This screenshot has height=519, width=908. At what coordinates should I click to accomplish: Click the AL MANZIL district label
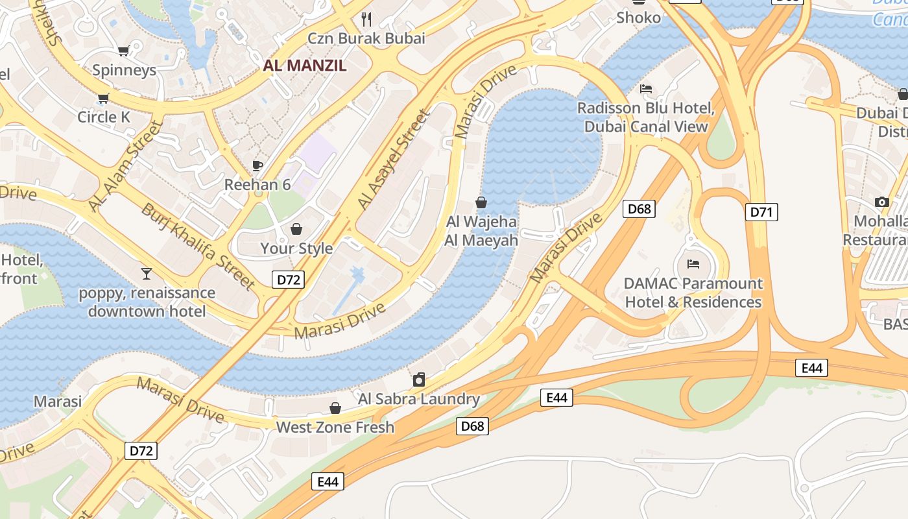click(304, 66)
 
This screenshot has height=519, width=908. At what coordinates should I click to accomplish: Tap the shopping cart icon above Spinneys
click(123, 51)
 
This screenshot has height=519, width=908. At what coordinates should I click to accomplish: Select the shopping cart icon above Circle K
click(103, 98)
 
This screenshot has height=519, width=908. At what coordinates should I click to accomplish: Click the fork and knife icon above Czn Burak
click(366, 19)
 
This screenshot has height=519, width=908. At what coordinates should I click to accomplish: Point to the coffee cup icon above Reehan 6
click(257, 165)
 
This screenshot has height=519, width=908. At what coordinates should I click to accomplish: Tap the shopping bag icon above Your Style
click(296, 229)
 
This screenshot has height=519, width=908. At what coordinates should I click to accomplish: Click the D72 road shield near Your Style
click(288, 280)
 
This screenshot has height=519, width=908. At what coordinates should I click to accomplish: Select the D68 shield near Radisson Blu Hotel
click(639, 209)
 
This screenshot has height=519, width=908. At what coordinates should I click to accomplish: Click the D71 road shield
click(761, 211)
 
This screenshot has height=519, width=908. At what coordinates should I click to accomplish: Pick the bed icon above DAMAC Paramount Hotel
click(693, 264)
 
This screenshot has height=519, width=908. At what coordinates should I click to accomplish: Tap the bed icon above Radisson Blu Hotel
click(646, 89)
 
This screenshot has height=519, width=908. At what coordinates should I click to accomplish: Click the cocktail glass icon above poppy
click(147, 274)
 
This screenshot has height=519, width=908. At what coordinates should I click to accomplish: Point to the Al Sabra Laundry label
click(419, 399)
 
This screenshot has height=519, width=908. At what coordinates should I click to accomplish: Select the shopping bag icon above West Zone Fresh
click(335, 408)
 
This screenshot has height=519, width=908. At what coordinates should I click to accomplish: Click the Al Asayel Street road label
click(394, 160)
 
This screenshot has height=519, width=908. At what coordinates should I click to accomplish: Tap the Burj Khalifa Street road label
click(198, 245)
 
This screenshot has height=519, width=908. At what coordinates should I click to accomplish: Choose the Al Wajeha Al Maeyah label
click(481, 231)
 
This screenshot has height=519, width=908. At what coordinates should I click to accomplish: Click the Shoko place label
click(638, 18)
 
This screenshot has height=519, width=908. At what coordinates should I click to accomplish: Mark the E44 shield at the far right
click(811, 368)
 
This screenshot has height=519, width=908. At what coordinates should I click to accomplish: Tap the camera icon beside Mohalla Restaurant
click(881, 202)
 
